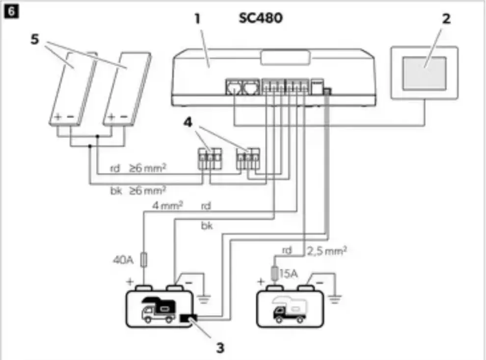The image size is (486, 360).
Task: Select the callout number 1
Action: coord(197,20)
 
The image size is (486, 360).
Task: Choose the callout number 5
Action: coord(34,40)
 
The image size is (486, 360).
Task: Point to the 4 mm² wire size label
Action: coord(167,206)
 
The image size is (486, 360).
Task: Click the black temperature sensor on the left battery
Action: coord(187,319)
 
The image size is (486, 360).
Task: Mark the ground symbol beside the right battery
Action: coord(335,297)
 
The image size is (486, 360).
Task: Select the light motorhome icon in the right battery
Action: coord(290,310)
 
